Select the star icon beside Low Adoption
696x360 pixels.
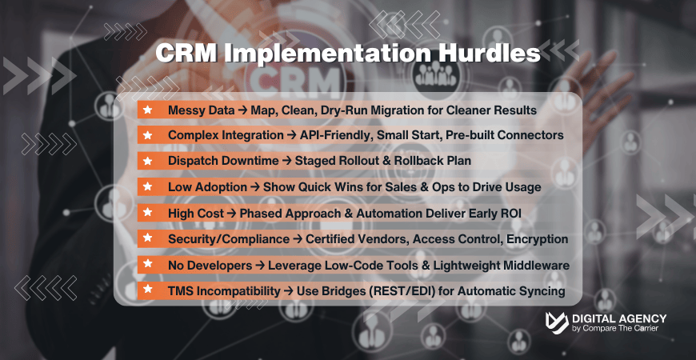point(147,186)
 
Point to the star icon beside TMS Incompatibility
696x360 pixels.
point(147,291)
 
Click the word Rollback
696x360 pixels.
point(407,161)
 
